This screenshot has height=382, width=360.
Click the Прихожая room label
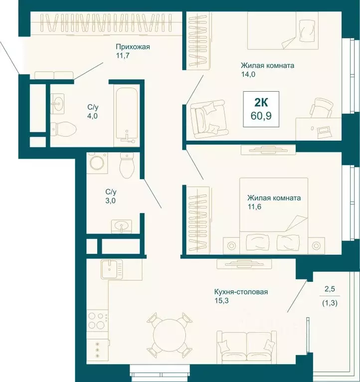click(x=133, y=47)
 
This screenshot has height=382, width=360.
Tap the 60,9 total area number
click(x=261, y=116)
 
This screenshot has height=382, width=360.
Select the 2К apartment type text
click(x=261, y=103)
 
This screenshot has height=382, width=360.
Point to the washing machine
click(x=97, y=163)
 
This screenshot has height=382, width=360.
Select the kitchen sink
click(x=112, y=269)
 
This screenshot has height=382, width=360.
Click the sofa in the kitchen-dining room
click(x=247, y=346)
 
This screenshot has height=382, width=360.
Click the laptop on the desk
click(x=324, y=131)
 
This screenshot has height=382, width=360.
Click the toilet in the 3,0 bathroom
click(x=127, y=165)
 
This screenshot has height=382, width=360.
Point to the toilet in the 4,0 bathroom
click(x=63, y=129)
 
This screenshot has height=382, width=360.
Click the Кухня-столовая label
click(x=241, y=292)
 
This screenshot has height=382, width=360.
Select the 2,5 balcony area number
click(x=330, y=289)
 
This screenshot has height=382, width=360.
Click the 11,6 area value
click(x=255, y=207)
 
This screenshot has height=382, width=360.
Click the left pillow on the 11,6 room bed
click(x=258, y=242)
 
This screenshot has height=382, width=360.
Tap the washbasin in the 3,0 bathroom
click(x=122, y=226)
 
